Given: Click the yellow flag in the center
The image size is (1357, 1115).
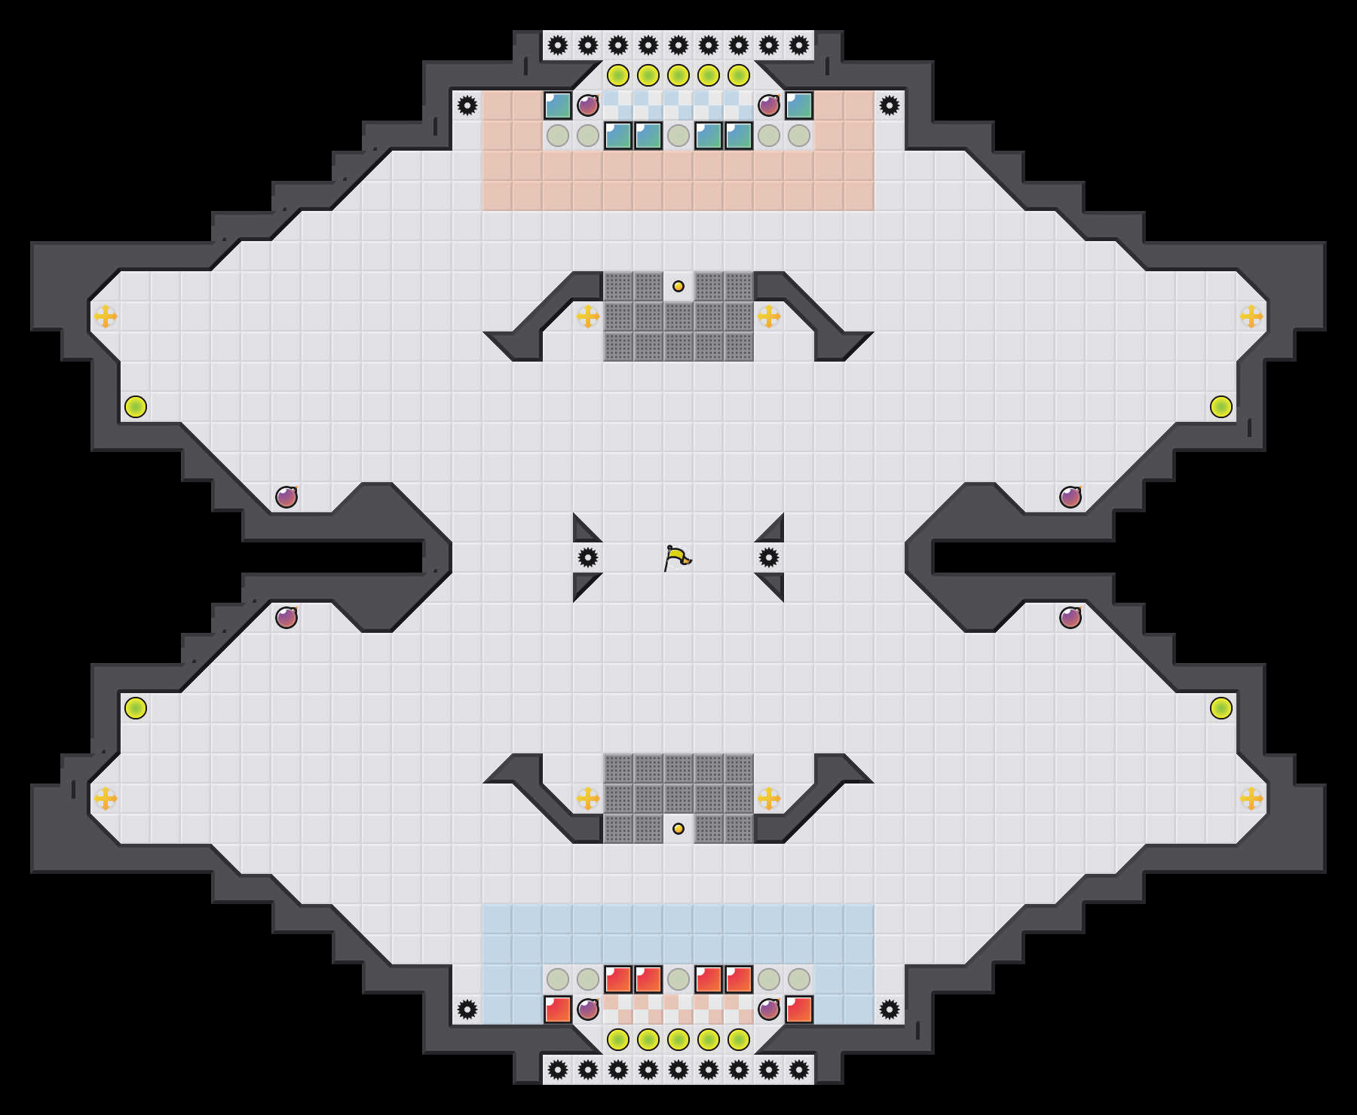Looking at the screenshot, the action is coord(677,558).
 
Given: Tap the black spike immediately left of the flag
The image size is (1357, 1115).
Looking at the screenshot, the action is coord(588,557).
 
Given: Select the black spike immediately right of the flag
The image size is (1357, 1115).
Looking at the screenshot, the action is coord(769,557).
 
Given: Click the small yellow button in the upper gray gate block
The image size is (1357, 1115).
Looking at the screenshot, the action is coord(678,286).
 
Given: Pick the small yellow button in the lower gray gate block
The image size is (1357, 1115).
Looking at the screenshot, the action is coord(678,829).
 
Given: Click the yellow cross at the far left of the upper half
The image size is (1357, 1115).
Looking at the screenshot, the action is coord(106,316).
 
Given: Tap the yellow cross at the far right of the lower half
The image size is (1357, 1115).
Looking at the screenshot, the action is coord(1251,799).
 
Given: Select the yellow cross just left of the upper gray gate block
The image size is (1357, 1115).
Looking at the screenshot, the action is coord(588,316).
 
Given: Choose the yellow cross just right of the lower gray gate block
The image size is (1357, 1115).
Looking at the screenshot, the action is coord(769,799).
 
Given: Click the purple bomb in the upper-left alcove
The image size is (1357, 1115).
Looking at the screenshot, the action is coord(286,497).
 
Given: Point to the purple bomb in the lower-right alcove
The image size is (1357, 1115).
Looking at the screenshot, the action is coord(1071,618).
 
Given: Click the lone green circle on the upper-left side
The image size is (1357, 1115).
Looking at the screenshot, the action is coord(136,407).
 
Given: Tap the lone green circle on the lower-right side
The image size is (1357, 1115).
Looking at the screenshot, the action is coord(1221,708).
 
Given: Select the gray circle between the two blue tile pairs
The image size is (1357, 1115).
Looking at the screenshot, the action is coord(678,136).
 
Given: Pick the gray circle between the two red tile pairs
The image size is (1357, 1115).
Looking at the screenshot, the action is coord(678,979).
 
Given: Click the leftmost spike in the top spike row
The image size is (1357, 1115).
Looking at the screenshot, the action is coord(558,45).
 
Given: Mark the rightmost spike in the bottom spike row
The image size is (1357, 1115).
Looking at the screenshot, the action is coord(799,1070).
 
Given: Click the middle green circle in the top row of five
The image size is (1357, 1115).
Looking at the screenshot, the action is coord(678,75).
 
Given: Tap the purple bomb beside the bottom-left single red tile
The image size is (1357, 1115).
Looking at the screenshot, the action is coord(588,1010).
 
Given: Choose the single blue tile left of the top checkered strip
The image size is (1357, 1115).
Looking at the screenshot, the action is coord(558,105).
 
